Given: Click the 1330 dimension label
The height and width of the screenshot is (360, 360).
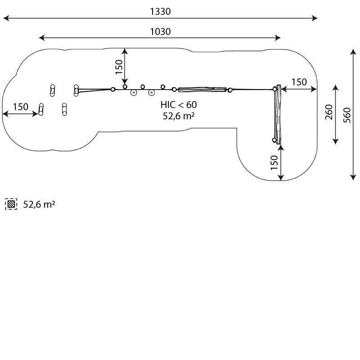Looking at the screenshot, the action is [x=160, y=12].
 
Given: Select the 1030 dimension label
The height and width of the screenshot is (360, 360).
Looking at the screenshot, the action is [x=160, y=31].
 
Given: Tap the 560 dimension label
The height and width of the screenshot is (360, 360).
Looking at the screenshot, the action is [x=347, y=115].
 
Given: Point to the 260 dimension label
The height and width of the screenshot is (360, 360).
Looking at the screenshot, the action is [x=329, y=112].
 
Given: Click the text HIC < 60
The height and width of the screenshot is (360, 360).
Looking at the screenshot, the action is [x=179, y=105].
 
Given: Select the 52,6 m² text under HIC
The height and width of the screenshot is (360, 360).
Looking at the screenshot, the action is [x=179, y=116].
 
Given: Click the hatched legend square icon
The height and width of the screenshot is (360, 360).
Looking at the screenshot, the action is [x=11, y=204].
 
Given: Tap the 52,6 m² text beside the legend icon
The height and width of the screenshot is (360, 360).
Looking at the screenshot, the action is [x=39, y=204].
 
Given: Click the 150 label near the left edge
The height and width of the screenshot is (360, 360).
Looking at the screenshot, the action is [x=21, y=107].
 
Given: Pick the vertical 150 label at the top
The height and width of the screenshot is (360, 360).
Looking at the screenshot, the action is [x=119, y=67].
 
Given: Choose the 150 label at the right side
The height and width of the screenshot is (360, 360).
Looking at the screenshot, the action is [x=299, y=82].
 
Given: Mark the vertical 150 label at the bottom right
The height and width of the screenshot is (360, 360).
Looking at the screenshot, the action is [x=274, y=162].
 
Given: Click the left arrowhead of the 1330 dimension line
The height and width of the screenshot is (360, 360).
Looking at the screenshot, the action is [x=6, y=18].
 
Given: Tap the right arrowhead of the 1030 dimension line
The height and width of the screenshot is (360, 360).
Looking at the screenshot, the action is [x=278, y=38].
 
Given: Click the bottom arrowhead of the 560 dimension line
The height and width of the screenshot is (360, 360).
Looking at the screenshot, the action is [x=353, y=177].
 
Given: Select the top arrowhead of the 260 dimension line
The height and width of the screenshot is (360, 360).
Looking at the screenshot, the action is [x=336, y=88].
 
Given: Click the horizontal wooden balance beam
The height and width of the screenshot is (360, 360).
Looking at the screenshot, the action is [x=202, y=90].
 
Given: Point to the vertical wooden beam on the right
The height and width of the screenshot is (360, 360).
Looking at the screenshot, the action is [x=278, y=114].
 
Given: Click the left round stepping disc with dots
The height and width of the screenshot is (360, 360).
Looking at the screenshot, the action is [x=134, y=93].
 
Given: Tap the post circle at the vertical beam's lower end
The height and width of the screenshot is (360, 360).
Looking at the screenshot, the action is [x=274, y=140].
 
